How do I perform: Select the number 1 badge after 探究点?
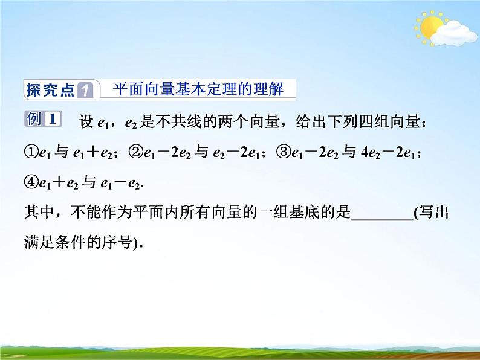point(86,91)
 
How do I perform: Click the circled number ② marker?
point(136,153)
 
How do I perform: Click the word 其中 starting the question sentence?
point(37,213)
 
